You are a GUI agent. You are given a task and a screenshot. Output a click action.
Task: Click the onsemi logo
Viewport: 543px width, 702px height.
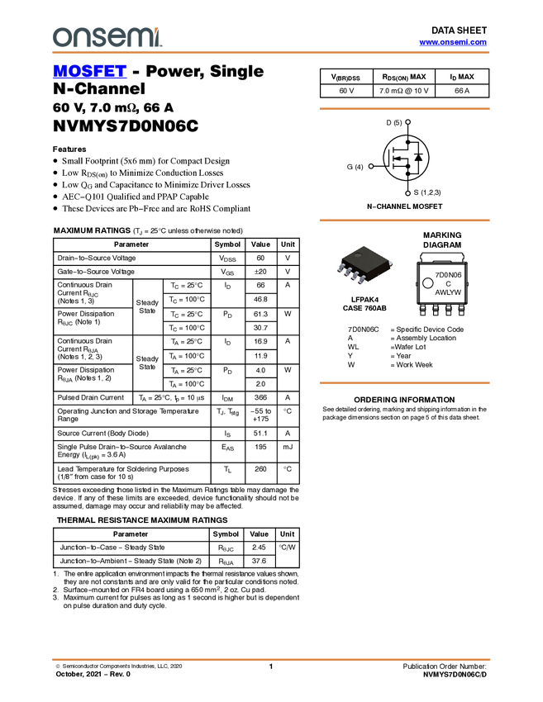click(107, 37)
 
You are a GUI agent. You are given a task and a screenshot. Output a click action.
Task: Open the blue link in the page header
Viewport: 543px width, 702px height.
click(453, 42)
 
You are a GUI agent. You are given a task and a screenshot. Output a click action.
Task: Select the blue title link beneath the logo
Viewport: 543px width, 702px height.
click(89, 72)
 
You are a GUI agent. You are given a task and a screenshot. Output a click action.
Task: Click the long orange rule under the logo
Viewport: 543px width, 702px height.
click(270, 53)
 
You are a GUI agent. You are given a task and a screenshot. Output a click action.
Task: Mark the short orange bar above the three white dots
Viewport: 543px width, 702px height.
click(404, 109)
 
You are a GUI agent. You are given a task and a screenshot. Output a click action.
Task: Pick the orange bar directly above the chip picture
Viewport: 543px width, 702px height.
click(404, 221)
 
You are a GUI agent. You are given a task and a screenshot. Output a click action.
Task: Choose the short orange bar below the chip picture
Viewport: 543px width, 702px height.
click(404, 383)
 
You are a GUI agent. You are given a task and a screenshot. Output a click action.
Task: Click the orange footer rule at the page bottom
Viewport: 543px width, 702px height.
click(270, 660)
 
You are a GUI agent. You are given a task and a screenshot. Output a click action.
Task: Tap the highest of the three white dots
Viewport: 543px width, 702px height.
click(408, 122)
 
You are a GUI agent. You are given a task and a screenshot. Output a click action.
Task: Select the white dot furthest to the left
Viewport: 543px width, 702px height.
click(371, 166)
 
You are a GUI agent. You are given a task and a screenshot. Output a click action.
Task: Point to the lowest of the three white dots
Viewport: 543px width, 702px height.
click(408, 194)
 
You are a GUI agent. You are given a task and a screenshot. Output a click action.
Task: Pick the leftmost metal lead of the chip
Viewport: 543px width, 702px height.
click(341, 267)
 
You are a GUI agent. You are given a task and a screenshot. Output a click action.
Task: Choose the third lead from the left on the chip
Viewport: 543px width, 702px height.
click(354, 276)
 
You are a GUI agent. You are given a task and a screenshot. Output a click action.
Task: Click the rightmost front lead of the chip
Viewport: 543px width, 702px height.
click(361, 280)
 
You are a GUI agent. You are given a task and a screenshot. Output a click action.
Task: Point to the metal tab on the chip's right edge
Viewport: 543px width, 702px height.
click(390, 263)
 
